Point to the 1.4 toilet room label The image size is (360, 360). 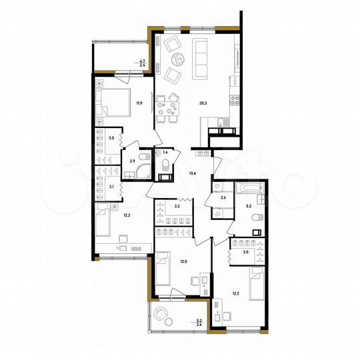(x=165, y=153)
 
